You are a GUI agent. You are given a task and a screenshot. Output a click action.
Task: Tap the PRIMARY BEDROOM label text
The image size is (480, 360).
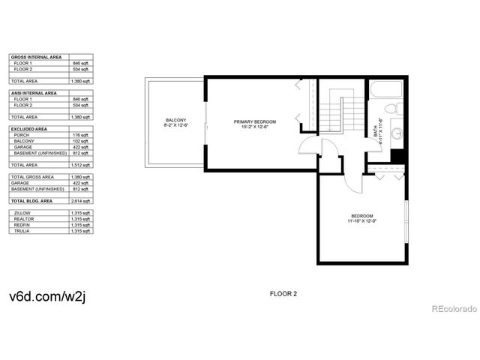(x=255, y=121)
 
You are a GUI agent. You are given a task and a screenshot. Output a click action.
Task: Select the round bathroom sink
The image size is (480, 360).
(x=397, y=136)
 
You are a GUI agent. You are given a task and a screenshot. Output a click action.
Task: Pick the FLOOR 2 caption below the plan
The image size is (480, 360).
(x=283, y=294)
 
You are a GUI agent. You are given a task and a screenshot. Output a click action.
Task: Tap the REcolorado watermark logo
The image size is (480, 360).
(x=453, y=307)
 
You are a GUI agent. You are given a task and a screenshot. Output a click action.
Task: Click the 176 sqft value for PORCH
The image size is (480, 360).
(x=82, y=135)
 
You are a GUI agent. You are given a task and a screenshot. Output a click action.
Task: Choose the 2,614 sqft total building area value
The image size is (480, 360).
(x=82, y=202)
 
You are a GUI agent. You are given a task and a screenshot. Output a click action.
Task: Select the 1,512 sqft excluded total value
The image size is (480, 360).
(x=82, y=165)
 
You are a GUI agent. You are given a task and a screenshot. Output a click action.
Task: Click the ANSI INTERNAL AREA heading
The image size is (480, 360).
(x=34, y=93)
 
